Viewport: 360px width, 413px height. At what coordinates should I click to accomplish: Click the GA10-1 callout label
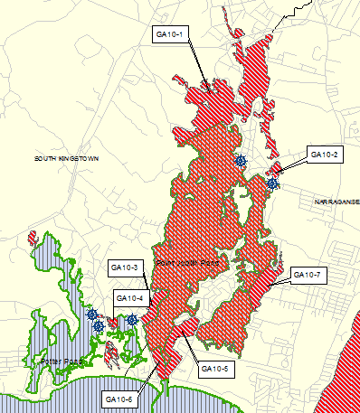pyautogui.click(x=170, y=34)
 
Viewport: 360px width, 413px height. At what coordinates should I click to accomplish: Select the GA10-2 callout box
pyautogui.click(x=324, y=155)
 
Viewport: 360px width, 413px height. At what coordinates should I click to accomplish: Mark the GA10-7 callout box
pyautogui.click(x=307, y=274)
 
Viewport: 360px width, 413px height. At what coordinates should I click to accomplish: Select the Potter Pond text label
pyautogui.click(x=62, y=361)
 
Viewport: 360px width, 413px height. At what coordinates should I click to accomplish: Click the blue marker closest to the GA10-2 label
pyautogui.click(x=272, y=183)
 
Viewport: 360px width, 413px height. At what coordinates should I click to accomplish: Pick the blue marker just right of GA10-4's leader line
pyautogui.click(x=132, y=320)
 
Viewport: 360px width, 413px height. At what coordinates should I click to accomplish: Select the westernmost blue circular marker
pyautogui.click(x=92, y=314)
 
